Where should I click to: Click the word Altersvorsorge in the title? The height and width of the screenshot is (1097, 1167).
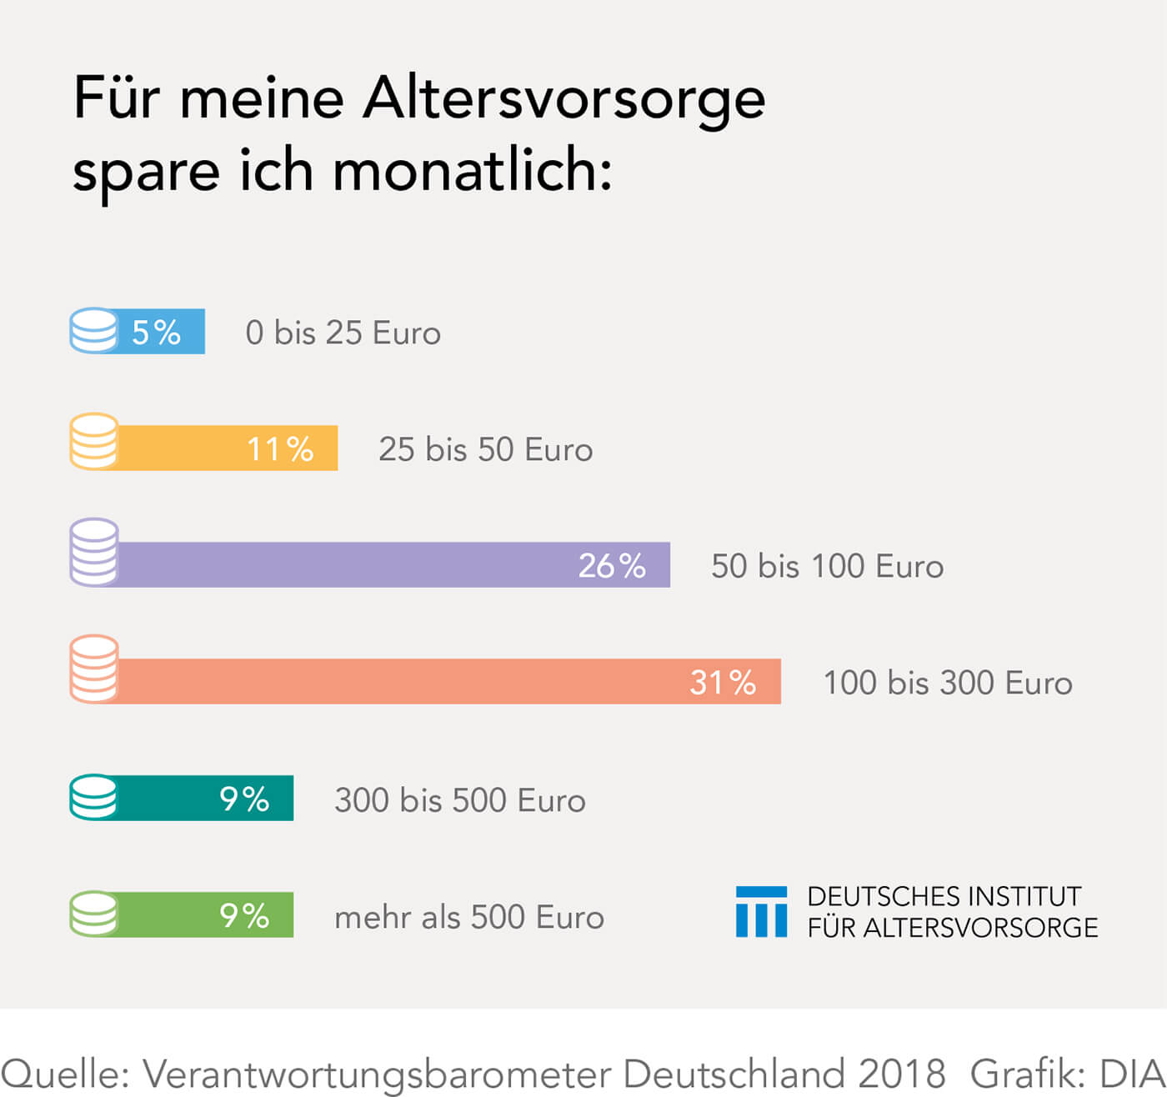tap(563, 98)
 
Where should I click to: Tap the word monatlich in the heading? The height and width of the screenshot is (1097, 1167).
tap(472, 171)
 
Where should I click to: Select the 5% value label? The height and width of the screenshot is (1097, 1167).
tap(156, 333)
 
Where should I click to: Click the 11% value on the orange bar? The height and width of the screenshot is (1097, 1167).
tap(280, 449)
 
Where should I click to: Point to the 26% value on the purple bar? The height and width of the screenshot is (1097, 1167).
tap(612, 566)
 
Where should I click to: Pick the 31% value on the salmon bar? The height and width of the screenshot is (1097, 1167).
tap(723, 683)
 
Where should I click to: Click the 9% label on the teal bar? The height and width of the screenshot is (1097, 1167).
tap(244, 799)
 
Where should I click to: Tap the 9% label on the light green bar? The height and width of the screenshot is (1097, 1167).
tap(244, 916)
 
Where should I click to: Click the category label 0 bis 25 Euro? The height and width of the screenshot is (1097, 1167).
tap(343, 333)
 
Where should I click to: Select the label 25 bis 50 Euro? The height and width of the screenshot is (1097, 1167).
tap(485, 450)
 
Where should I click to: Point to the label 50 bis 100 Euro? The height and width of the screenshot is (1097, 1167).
tap(827, 567)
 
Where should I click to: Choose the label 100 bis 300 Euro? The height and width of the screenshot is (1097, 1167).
tap(948, 684)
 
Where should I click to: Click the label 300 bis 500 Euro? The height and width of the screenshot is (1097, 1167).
tap(460, 800)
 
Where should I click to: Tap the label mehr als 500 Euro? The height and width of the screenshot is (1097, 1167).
tap(469, 917)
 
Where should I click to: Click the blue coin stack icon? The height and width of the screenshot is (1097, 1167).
tap(93, 331)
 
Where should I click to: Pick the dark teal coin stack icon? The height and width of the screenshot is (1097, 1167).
tap(93, 797)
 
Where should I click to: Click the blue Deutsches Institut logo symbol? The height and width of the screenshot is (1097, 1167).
tap(761, 912)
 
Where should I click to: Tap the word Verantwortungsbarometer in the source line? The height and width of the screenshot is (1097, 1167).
tap(378, 1073)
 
